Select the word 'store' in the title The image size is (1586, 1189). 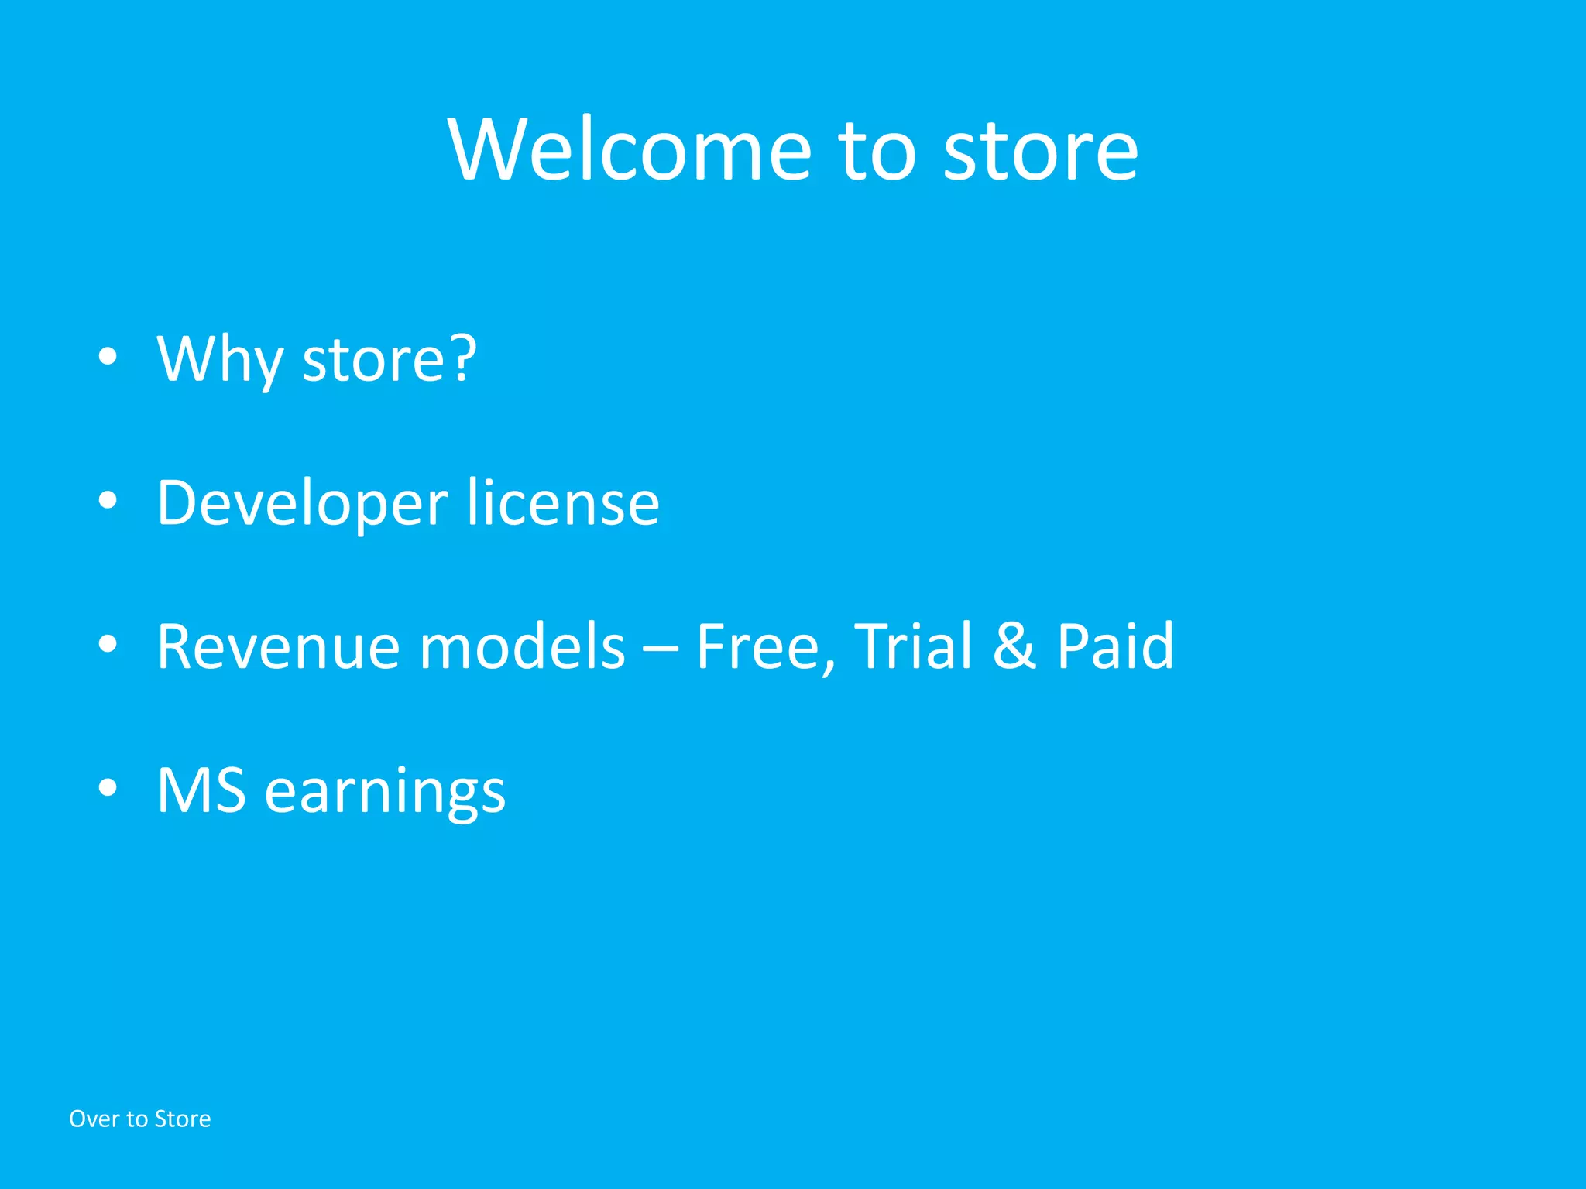coord(1040,151)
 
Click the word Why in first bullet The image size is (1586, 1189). coord(220,360)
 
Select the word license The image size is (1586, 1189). coord(563,503)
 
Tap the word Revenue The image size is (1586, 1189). coord(279,647)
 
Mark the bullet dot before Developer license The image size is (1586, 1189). coord(108,501)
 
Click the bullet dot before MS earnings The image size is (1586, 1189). coord(108,787)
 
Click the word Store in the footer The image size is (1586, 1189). coord(183,1119)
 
